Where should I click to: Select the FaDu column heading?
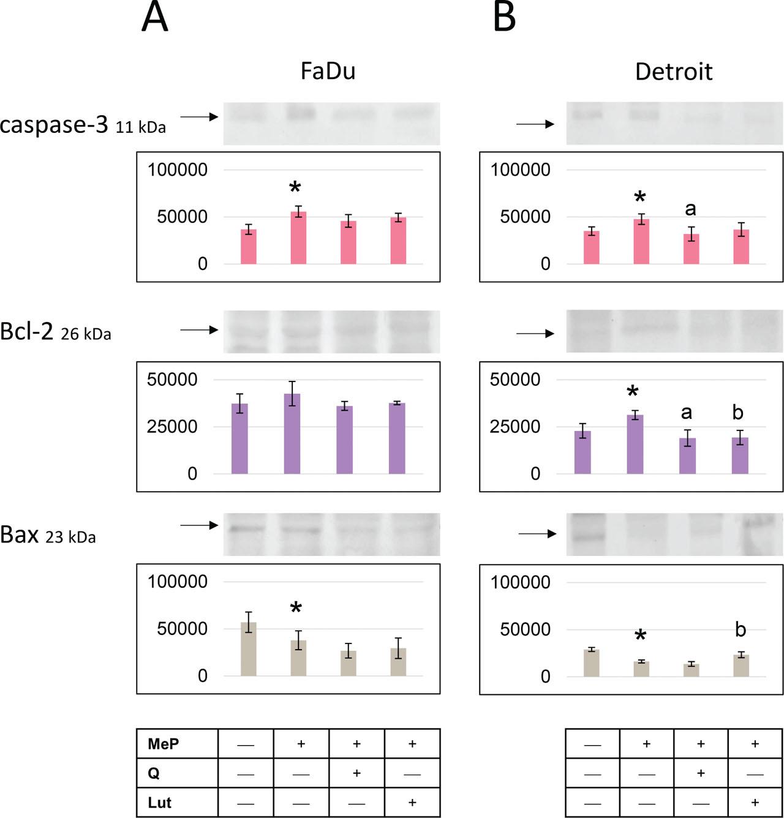328,71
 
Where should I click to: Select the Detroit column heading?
674,72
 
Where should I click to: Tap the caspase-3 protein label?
54,124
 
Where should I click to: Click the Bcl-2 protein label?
27,331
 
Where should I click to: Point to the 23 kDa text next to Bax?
70,537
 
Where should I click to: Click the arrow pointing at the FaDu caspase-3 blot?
199,116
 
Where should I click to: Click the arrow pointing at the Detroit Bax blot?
537,534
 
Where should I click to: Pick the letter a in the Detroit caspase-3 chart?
690,209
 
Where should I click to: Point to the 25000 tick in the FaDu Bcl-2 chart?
172,427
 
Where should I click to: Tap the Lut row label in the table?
159,803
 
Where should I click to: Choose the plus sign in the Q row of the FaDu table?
356,773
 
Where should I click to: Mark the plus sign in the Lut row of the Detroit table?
755,803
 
